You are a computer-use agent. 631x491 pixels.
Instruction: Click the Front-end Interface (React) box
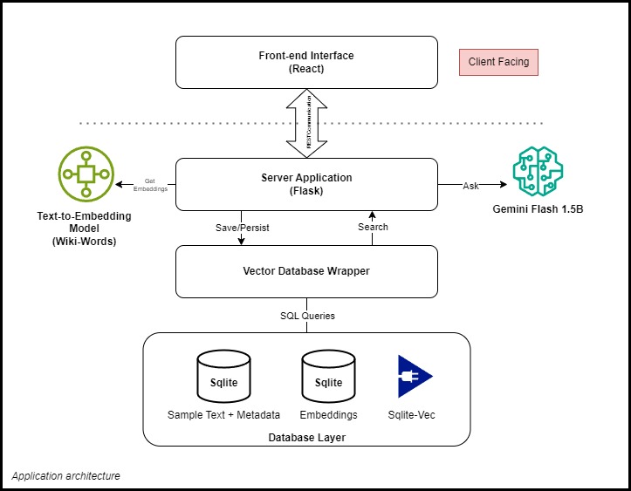305,62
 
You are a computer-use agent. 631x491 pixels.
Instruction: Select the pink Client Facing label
499,63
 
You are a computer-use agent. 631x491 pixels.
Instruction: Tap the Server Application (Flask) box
305,184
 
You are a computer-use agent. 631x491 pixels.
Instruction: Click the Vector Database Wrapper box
305,271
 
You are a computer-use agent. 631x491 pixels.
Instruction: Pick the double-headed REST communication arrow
305,123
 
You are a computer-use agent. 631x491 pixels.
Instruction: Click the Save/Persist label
243,227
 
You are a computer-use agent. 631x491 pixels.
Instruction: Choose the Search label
373,227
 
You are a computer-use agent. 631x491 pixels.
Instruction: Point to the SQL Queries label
305,316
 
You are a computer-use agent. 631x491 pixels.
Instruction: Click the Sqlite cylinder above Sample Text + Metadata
223,377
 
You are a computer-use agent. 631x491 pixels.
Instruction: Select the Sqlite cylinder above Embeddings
328,377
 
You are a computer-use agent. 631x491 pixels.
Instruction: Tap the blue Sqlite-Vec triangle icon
413,377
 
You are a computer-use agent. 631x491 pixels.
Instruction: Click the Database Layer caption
305,436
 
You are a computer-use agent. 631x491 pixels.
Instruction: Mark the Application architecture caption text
66,476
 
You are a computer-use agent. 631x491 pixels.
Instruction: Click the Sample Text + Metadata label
223,415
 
